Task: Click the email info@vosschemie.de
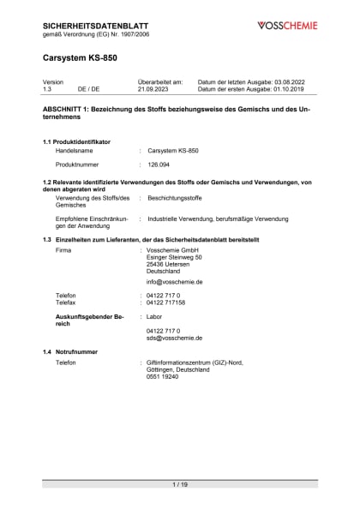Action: point(174,281)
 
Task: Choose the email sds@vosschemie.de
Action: point(174,338)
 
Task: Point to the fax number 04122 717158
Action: point(165,302)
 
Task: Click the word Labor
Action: point(154,316)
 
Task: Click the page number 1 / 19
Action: point(180,484)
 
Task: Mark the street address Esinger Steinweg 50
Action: point(174,256)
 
